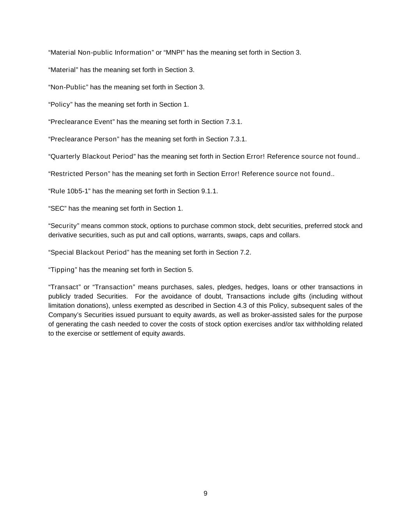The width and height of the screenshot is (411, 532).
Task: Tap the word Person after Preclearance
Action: [x=106, y=139]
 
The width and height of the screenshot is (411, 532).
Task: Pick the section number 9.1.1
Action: [x=209, y=191]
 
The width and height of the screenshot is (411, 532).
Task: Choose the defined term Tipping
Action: [x=63, y=270]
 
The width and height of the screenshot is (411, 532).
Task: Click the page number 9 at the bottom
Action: [x=205, y=494]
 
